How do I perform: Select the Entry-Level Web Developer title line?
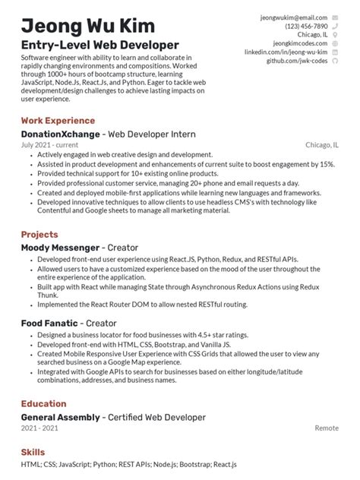coord(100,45)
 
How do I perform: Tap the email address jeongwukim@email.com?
coord(294,17)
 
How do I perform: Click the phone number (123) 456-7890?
coord(307,26)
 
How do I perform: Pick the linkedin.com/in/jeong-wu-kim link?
coord(286,52)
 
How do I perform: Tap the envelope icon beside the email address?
coord(335,17)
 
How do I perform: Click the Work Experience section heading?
coord(58,121)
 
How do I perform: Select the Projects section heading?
coord(39,235)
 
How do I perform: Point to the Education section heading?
coord(43,404)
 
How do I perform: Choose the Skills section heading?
coord(33,453)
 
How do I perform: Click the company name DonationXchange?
coord(61,134)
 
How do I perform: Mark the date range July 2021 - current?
coord(50,144)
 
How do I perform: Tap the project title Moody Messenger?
coord(60,248)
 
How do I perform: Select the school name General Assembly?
coord(60,417)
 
